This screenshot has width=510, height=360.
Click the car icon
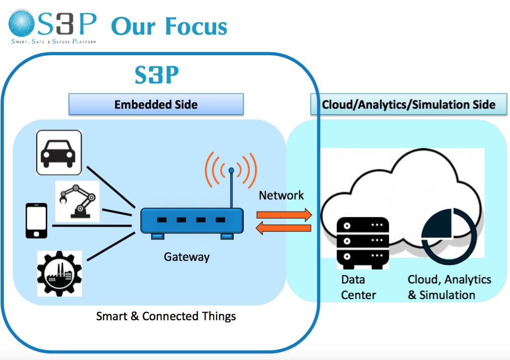pyautogui.click(x=59, y=152)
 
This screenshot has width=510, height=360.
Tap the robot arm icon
pyautogui.click(x=77, y=202)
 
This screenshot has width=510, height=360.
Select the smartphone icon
pyautogui.click(x=36, y=221)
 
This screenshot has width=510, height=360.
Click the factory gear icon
pyautogui.click(x=59, y=274)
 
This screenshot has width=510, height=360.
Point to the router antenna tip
pyautogui.click(x=231, y=170)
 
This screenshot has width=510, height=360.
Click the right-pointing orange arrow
pyautogui.click(x=284, y=215)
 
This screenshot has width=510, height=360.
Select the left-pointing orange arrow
pyautogui.click(x=283, y=228)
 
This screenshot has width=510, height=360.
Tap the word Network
pyautogui.click(x=281, y=195)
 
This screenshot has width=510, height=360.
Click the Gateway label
pyautogui.click(x=187, y=257)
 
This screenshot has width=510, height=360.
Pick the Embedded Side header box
pyautogui.click(x=156, y=104)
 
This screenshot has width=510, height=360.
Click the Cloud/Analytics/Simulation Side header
pyautogui.click(x=409, y=104)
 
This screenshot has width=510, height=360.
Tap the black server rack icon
pyautogui.click(x=363, y=243)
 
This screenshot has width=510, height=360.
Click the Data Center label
pyautogui.click(x=358, y=287)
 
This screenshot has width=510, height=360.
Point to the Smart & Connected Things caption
pyautogui.click(x=166, y=316)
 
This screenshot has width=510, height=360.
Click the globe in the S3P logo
pyautogui.click(x=22, y=24)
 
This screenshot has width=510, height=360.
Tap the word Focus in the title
pyautogui.click(x=196, y=26)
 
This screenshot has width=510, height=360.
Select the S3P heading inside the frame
pyautogui.click(x=157, y=74)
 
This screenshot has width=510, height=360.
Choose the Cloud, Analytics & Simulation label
pyautogui.click(x=449, y=287)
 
